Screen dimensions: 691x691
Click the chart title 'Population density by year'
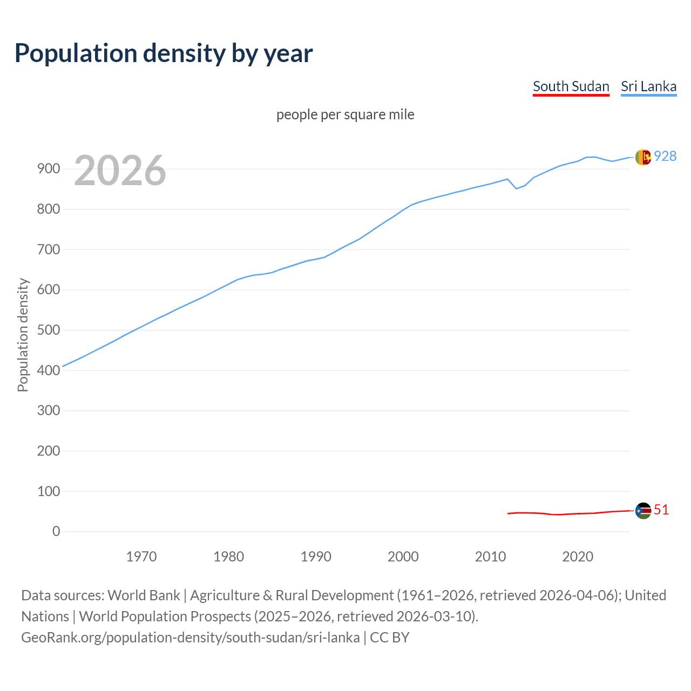tap(164, 53)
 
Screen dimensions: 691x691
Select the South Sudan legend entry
tap(571, 86)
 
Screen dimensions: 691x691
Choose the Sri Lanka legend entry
tap(648, 86)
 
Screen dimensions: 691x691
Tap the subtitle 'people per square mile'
tap(345, 114)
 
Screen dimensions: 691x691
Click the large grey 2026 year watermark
tap(120, 171)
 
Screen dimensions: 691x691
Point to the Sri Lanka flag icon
tap(643, 157)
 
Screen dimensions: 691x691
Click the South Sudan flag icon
tap(643, 511)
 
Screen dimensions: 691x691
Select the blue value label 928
tap(665, 156)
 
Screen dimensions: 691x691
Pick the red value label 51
tap(661, 510)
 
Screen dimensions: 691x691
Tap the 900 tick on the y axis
tap(48, 169)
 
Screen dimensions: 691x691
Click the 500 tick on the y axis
tap(48, 330)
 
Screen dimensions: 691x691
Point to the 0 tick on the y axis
tap(56, 531)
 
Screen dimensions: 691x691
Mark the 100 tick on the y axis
tap(48, 491)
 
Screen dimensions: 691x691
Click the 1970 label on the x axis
tap(141, 557)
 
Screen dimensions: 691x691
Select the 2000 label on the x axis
tap(403, 557)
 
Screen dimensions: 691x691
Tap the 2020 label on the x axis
tap(578, 557)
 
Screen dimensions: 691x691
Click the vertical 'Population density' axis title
tap(23, 335)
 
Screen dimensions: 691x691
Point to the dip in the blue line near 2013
tap(516, 188)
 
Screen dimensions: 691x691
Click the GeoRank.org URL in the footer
tap(191, 638)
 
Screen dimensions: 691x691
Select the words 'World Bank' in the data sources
tap(144, 595)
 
